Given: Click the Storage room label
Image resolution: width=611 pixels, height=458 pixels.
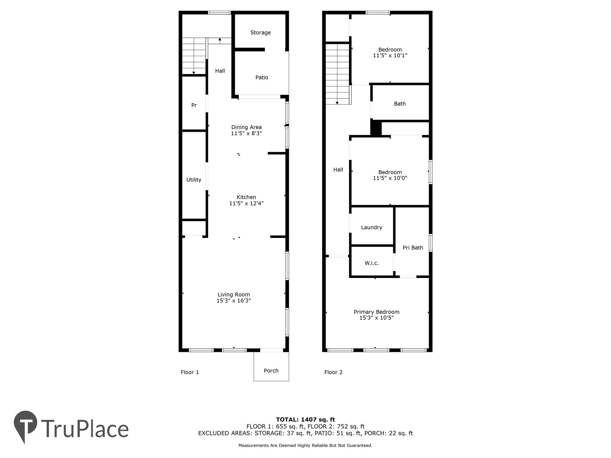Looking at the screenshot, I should tap(260, 33).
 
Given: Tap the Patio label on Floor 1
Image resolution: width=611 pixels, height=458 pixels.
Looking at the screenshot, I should tap(262, 78).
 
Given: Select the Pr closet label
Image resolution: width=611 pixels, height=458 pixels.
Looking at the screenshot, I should tap(194, 105).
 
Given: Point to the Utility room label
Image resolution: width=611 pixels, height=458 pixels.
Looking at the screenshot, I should tap(194, 180).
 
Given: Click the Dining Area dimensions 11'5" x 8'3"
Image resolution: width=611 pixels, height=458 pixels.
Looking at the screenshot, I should tap(246, 133).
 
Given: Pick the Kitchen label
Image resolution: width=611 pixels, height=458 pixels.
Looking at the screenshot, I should tap(246, 197).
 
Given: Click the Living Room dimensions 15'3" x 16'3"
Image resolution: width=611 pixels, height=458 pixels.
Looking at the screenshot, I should tap(234, 301).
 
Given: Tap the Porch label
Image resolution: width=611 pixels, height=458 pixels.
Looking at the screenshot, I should tap(271, 371).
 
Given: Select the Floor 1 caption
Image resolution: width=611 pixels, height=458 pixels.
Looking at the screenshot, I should tap(189, 372).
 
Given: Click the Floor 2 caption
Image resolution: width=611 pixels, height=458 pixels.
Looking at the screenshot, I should tap(333, 372).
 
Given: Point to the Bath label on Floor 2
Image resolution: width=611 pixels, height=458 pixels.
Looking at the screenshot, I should tap(400, 104).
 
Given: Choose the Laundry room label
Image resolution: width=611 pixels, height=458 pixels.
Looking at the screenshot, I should tap(371, 228).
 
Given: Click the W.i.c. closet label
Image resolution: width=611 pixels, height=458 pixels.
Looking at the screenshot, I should tap(371, 263).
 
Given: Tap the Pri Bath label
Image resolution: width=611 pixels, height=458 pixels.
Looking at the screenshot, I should tap(413, 247).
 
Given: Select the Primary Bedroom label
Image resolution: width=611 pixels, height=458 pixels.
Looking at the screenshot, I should tap(376, 312).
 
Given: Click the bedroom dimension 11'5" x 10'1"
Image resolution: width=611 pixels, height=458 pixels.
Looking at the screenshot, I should tap(390, 55).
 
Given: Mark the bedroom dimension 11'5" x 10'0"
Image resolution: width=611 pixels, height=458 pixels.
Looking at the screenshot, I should tap(390, 178).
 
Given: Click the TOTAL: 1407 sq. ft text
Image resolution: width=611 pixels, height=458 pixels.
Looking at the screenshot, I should tap(305, 420).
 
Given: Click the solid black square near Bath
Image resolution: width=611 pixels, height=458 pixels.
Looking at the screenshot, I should tap(376, 128).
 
